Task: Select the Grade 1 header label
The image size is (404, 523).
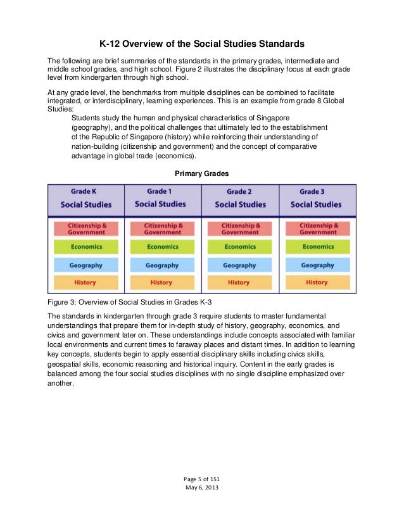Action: [160, 191]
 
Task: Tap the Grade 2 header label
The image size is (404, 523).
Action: [239, 191]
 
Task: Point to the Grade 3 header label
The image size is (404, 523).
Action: [315, 191]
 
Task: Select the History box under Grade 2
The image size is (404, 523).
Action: [238, 282]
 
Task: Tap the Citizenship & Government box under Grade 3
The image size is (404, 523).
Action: [317, 229]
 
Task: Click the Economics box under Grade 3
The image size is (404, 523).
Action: [317, 247]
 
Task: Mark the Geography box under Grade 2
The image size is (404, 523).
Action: [238, 265]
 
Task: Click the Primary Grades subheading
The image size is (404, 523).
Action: [201, 173]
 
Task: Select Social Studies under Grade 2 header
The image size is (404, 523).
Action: [239, 205]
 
